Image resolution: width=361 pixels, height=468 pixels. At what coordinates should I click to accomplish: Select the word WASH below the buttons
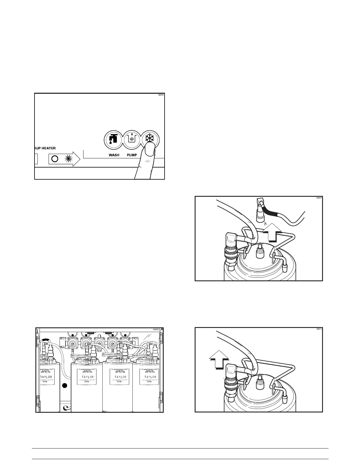click(114, 155)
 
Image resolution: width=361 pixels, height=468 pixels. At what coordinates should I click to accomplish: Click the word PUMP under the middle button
click(132, 155)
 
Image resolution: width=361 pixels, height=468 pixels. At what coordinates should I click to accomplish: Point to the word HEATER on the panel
click(49, 148)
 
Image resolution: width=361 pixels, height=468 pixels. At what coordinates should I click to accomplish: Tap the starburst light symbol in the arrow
click(69, 159)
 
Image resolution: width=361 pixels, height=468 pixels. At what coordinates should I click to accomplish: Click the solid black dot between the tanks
click(65, 386)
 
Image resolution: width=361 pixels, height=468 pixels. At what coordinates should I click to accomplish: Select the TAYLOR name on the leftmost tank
click(46, 377)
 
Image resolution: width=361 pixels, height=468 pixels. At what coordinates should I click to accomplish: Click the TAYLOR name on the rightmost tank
click(150, 377)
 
